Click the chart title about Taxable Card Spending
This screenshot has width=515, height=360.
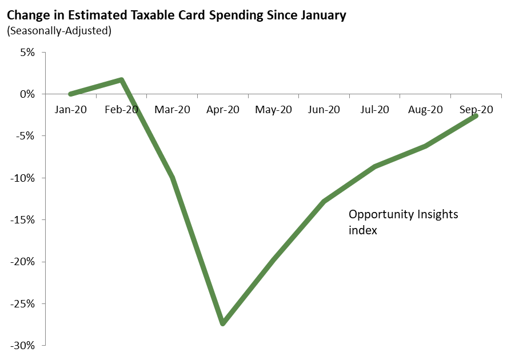[176, 15]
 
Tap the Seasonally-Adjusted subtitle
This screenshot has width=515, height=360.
[59, 30]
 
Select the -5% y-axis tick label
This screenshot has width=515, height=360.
[26, 136]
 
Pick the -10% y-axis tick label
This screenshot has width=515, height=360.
[24, 178]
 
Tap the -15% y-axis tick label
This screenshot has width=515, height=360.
[24, 220]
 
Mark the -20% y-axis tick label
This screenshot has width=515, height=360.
[24, 262]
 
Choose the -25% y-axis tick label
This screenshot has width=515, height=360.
[24, 303]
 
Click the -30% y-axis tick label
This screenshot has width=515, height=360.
[24, 345]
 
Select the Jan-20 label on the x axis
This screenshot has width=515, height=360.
[70, 110]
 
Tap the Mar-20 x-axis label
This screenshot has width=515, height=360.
[172, 110]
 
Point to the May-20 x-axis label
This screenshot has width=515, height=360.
[273, 110]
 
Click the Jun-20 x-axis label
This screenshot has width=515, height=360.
[324, 110]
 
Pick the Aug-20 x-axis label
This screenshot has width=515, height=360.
[425, 110]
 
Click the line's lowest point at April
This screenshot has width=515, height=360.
[222, 323]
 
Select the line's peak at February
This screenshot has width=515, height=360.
[121, 80]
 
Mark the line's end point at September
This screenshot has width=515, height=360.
[476, 116]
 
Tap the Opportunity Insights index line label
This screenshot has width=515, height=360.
[404, 222]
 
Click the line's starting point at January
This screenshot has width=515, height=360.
[70, 94]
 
